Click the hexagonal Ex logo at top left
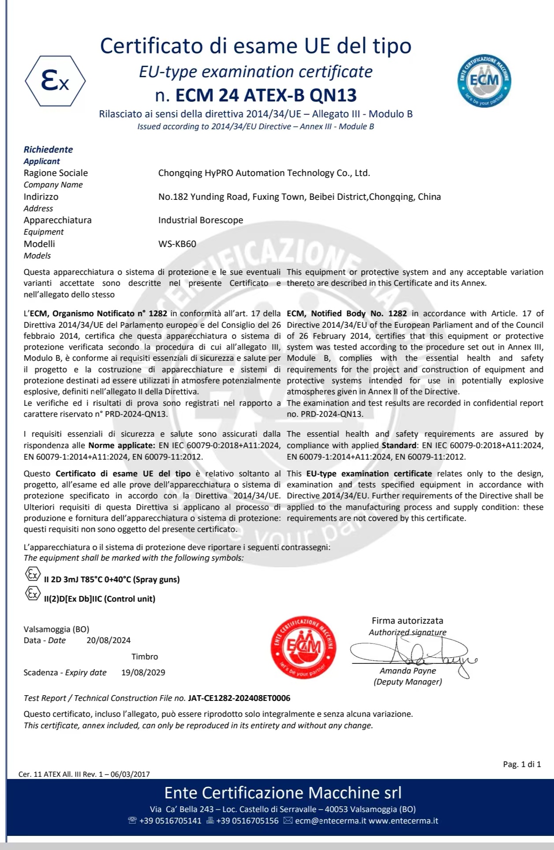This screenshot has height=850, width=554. click(55, 81)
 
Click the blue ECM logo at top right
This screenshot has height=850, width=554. click(484, 81)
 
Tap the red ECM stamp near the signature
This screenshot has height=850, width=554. click(303, 647)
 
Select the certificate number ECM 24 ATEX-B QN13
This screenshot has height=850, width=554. click(266, 95)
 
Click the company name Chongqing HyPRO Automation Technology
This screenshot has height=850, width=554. click(264, 173)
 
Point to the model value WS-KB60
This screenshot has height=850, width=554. click(177, 244)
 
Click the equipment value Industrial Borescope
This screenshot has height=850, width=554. click(201, 220)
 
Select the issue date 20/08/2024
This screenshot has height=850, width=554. click(109, 640)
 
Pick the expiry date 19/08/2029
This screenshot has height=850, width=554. click(143, 673)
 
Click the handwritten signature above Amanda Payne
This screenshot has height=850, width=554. click(412, 652)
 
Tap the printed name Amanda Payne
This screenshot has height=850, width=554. click(408, 671)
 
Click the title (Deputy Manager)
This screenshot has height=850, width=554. click(408, 682)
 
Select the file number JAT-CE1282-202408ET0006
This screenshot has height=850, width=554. click(239, 698)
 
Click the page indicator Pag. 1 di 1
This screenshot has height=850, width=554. click(522, 764)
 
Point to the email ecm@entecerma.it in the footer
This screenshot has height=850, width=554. click(330, 821)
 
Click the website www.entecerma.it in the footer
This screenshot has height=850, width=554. click(403, 821)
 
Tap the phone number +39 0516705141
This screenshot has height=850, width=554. click(170, 821)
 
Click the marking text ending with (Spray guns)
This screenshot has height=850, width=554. click(112, 580)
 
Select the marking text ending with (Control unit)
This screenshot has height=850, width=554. click(100, 599)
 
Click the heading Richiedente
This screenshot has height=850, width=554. click(48, 150)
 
